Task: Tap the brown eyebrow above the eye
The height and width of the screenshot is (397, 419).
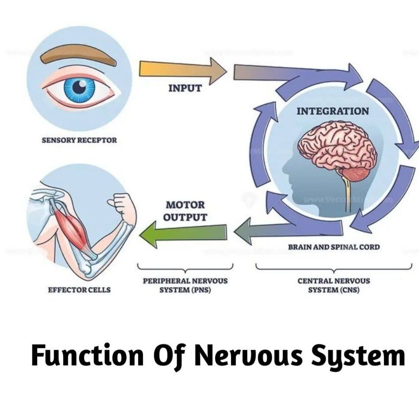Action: [x=78, y=56]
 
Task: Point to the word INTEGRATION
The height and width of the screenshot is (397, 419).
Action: [x=333, y=111]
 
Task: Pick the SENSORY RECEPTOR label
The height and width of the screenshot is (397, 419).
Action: [x=79, y=140]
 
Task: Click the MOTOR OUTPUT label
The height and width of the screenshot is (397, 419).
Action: [x=185, y=211]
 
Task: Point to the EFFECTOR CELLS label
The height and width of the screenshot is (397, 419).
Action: [x=79, y=290]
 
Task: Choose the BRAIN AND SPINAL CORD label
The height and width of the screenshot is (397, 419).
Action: [x=334, y=247]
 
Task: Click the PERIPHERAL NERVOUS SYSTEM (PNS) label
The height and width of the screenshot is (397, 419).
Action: [x=185, y=285]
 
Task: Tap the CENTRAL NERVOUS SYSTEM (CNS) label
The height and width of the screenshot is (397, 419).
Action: [x=334, y=285]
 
